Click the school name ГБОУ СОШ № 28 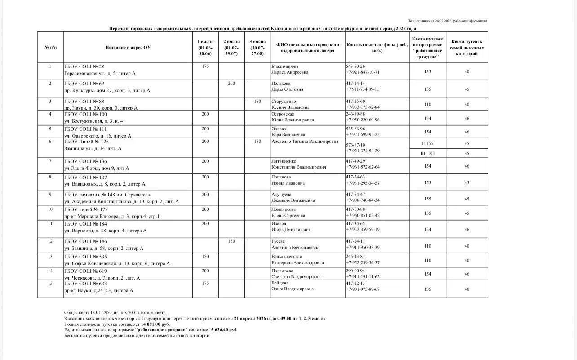(x=84, y=67)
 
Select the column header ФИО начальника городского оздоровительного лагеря (x=307, y=48)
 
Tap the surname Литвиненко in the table (x=284, y=161)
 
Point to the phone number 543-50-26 (x=355, y=66)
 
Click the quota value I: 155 (x=427, y=144)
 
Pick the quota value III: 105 (x=427, y=153)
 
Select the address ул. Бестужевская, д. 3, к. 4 (x=93, y=121)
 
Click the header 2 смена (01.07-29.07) (x=231, y=47)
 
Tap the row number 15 (x=50, y=283)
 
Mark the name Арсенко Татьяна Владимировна (x=305, y=141)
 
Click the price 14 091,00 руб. (x=155, y=324)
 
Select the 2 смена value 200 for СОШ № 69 (x=231, y=84)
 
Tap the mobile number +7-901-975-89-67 (x=363, y=289)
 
